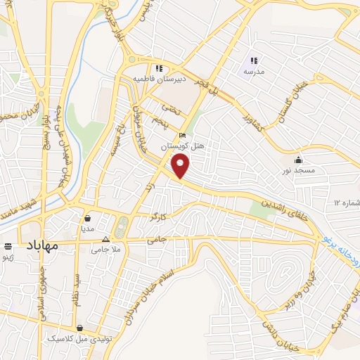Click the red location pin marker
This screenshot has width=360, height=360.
click(x=181, y=165)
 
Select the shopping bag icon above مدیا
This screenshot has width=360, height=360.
click(x=87, y=218)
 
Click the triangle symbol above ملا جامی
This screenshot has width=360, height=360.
click(x=106, y=239)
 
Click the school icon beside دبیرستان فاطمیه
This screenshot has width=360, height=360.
click(x=160, y=68)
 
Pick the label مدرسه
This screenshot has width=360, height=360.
click(x=253, y=72)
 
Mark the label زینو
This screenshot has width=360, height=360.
click(x=8, y=257)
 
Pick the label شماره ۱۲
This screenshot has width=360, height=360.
click(x=347, y=204)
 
